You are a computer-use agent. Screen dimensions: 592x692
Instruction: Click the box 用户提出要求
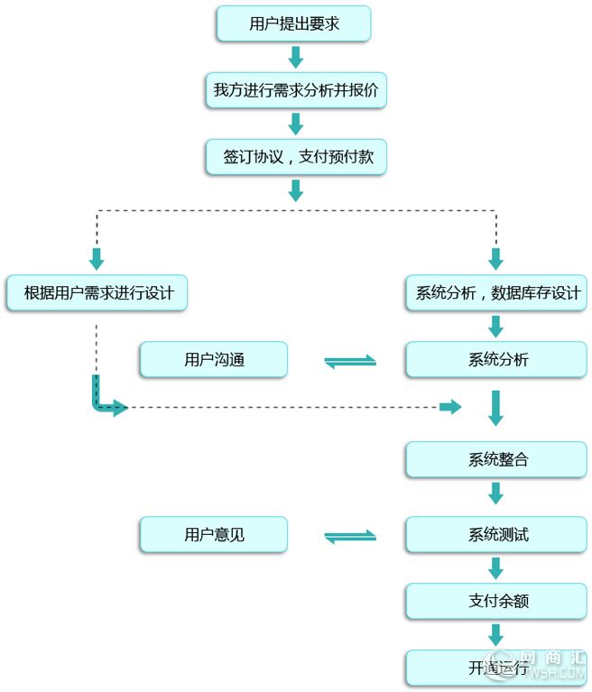tap(293, 23)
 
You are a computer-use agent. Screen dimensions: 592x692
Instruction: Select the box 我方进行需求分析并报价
tap(296, 90)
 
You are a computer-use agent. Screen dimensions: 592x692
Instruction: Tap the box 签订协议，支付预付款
tap(296, 157)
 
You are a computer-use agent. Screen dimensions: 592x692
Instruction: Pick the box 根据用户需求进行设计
tap(97, 293)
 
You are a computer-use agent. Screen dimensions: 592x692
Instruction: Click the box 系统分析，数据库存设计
tap(496, 293)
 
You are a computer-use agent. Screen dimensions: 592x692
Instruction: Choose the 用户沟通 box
tap(214, 360)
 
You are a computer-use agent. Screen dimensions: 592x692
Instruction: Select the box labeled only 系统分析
tap(496, 360)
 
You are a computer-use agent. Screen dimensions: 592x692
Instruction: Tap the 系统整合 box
tap(496, 460)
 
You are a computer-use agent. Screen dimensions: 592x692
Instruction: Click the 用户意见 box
tap(214, 535)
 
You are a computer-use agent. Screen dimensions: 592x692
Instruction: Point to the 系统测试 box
tap(496, 535)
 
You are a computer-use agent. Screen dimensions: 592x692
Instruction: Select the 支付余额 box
tap(496, 601)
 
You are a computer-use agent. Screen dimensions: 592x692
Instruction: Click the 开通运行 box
tap(496, 669)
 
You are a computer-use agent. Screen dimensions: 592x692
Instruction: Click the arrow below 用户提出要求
tap(296, 57)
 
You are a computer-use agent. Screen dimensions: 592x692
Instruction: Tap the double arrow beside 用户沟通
tap(350, 362)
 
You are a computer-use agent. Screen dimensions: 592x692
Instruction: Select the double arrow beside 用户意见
tap(350, 537)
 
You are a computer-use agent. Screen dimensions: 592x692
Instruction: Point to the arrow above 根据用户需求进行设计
tap(97, 259)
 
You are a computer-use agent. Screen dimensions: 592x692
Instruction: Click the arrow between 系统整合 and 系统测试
tap(496, 494)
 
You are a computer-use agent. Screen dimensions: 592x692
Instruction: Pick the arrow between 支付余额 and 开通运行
tap(496, 635)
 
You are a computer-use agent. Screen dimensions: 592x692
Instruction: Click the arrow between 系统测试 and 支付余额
tap(496, 568)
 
